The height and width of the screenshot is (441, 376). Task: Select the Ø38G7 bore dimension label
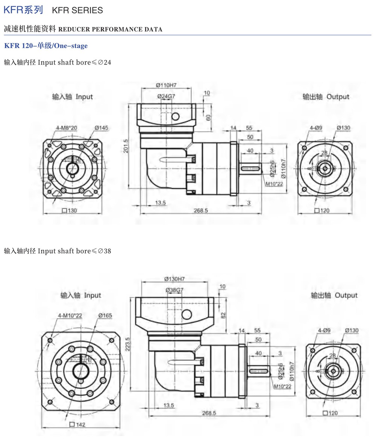174,290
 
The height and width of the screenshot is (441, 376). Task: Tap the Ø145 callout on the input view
101,128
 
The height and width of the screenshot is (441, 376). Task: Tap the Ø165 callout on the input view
105,316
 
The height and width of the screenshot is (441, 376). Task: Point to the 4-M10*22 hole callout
70,316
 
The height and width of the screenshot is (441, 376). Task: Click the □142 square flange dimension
77,425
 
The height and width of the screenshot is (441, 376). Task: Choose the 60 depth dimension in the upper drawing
208,118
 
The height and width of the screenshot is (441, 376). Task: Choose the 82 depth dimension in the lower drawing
223,315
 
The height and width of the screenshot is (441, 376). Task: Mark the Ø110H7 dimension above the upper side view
166,86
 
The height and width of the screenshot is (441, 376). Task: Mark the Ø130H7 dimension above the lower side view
174,279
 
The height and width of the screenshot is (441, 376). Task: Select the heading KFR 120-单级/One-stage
45,46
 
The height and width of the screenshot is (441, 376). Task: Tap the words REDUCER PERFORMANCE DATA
111,29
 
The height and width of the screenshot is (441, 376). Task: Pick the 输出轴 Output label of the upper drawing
326,97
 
